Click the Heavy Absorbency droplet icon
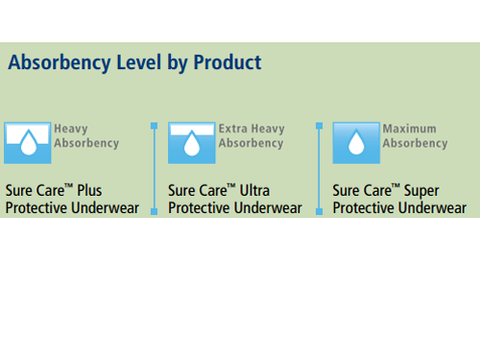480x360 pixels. [27, 143]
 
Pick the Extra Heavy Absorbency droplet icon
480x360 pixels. [191, 143]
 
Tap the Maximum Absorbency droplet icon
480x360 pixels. [355, 143]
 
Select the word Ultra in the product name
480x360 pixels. [256, 190]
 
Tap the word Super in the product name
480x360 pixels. [421, 190]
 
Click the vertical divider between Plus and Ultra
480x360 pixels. [154, 168]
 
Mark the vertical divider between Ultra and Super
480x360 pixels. [318, 168]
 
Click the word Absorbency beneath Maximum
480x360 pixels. [415, 144]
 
